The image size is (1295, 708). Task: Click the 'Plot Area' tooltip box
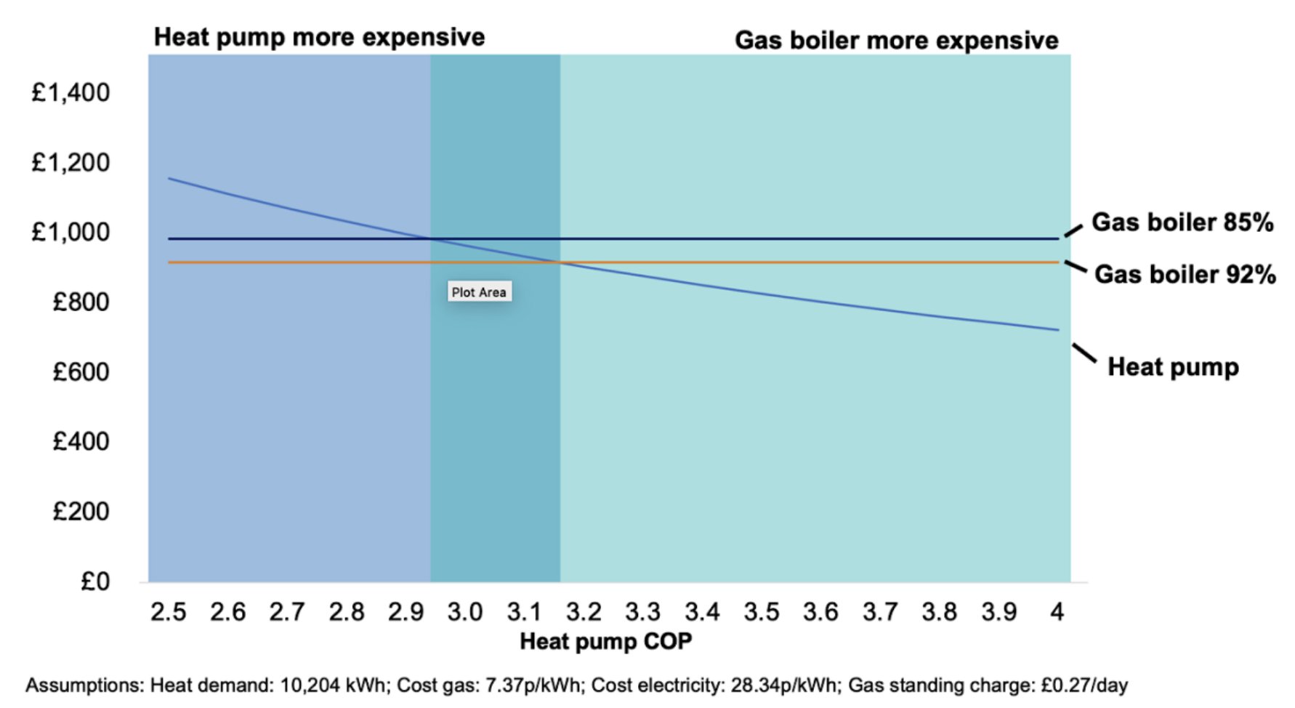(479, 292)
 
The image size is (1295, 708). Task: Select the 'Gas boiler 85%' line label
(1182, 222)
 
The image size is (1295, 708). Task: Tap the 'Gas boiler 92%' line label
(1185, 275)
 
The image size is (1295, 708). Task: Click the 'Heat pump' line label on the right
(1172, 367)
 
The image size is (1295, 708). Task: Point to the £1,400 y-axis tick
(70, 93)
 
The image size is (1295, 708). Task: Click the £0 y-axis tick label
(95, 582)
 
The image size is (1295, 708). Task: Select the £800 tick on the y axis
(81, 302)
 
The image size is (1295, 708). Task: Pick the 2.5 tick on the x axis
(168, 612)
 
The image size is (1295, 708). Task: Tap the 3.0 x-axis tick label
(464, 612)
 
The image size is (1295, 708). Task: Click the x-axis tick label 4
(1057, 612)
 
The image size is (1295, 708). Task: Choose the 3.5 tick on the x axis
(761, 612)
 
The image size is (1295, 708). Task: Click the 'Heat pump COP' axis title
(605, 642)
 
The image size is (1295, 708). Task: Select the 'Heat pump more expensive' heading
(319, 37)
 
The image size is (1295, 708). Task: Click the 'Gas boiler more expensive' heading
(896, 41)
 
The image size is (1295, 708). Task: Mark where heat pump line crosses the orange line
(560, 262)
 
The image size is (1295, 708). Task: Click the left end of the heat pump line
(169, 179)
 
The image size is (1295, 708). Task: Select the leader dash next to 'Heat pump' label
(1084, 353)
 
